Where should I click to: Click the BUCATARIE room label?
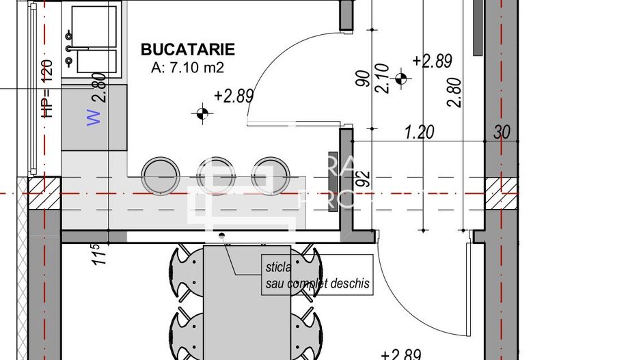tap(187, 49)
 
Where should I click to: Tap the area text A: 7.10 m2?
tap(187, 67)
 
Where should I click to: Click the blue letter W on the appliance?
tap(94, 117)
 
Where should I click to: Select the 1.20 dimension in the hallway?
tap(419, 132)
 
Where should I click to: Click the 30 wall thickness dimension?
tap(502, 132)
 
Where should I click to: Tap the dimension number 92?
tap(363, 179)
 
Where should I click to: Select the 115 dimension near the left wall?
tap(95, 255)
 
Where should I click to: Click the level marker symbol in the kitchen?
tap(202, 113)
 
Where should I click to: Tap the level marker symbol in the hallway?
tap(401, 79)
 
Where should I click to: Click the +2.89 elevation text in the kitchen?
tap(234, 96)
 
